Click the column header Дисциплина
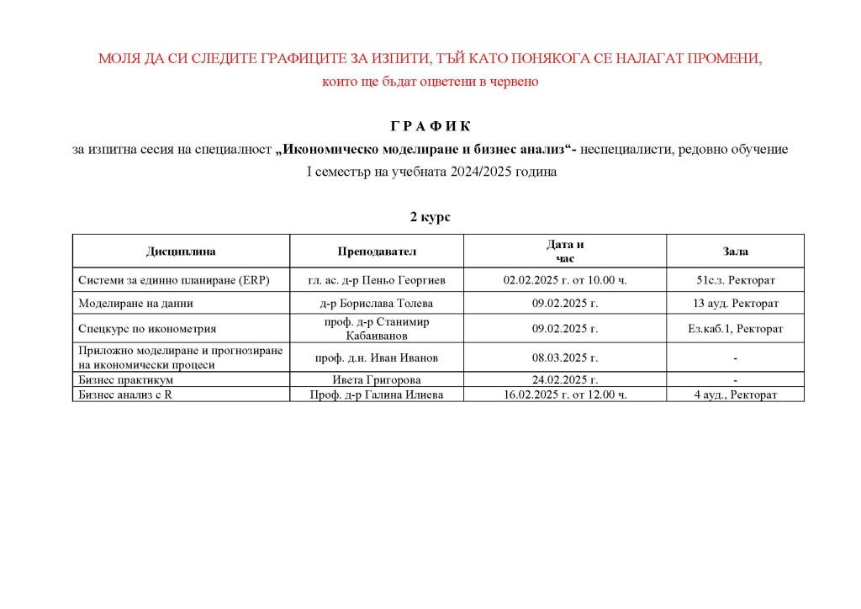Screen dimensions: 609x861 click(x=181, y=252)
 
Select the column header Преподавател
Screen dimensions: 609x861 click(x=377, y=252)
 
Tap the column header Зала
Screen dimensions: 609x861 click(x=736, y=252)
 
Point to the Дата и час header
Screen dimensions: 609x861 click(x=565, y=251)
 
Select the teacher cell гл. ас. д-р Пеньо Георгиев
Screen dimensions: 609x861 click(x=377, y=280)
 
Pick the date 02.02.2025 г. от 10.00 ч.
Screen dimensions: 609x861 click(x=565, y=280)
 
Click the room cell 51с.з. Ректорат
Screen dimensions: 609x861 click(x=736, y=280)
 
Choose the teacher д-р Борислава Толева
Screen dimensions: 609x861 click(x=377, y=304)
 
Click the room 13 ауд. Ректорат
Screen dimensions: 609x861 click(x=736, y=304)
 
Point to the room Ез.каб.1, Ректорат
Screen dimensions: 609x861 click(x=736, y=329)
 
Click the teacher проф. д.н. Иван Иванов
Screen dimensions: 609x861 click(x=377, y=358)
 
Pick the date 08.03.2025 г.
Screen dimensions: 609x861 click(x=565, y=358)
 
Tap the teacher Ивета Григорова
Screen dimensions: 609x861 click(x=377, y=380)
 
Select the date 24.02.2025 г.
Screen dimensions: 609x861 click(x=565, y=380)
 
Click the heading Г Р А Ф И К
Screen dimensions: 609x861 click(x=430, y=126)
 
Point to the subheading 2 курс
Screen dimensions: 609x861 click(x=430, y=217)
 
